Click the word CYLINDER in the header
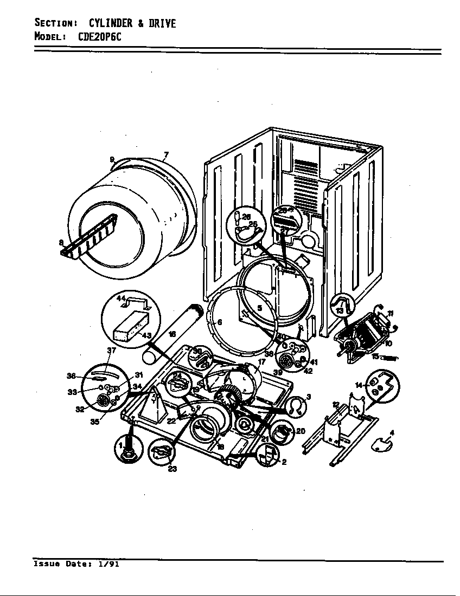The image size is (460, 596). click(x=111, y=23)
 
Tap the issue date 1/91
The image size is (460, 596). click(x=108, y=564)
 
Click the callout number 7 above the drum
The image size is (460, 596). click(x=166, y=154)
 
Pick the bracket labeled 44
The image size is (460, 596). click(x=135, y=303)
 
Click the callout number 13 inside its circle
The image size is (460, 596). click(x=340, y=311)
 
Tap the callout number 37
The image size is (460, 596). click(x=111, y=351)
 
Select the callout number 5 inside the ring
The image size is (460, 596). click(x=259, y=308)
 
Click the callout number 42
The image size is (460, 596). click(x=308, y=371)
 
